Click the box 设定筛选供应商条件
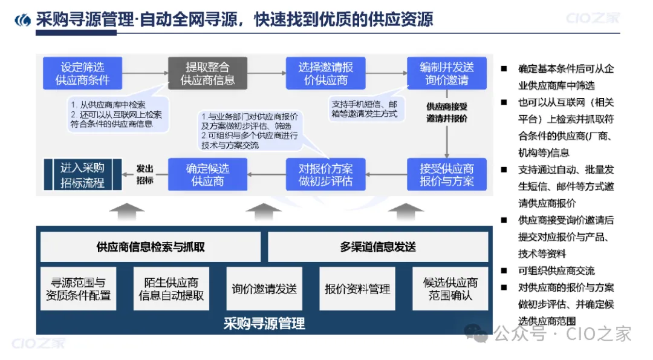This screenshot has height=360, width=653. pyautogui.click(x=82, y=73)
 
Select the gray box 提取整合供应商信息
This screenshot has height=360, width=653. pyautogui.click(x=207, y=73)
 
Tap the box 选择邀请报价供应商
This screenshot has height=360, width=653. pyautogui.click(x=326, y=73)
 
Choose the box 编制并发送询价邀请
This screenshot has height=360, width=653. pyautogui.click(x=447, y=73)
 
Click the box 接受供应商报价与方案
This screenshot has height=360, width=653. pyautogui.click(x=447, y=174)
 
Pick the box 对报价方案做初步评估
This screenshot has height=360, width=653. pyautogui.click(x=326, y=174)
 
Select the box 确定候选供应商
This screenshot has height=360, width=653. pyautogui.click(x=207, y=174)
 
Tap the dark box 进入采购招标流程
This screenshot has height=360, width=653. pyautogui.click(x=83, y=175)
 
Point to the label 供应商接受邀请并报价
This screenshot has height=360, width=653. pyautogui.click(x=447, y=113)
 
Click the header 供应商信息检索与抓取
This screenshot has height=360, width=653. pyautogui.click(x=151, y=247)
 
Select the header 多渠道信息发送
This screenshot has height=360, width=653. pyautogui.click(x=378, y=247)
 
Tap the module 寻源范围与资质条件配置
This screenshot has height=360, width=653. pyautogui.click(x=78, y=289)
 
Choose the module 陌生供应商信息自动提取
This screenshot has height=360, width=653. pyautogui.click(x=171, y=289)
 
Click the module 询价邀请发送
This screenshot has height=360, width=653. pyautogui.click(x=264, y=289)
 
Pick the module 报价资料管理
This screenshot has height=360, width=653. pyautogui.click(x=357, y=289)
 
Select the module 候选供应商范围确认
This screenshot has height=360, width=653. pyautogui.click(x=450, y=289)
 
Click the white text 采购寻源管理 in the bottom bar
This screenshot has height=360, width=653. pyautogui.click(x=264, y=323)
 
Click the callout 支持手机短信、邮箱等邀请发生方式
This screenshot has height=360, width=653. pyautogui.click(x=363, y=109)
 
